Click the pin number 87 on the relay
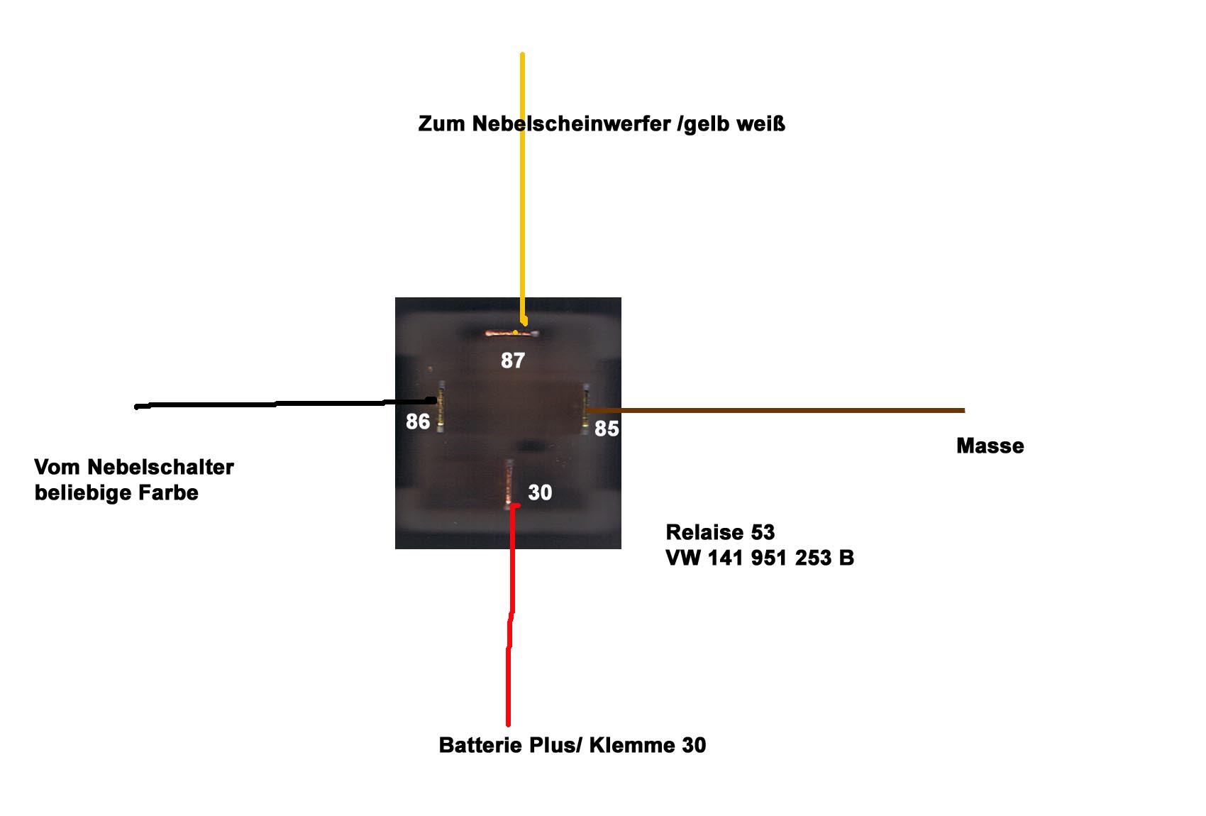tap(512, 360)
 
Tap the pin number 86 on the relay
tap(418, 421)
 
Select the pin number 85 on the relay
tap(607, 429)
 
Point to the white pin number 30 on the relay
tap(540, 492)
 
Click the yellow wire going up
tap(522, 189)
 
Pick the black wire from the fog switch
tap(285, 404)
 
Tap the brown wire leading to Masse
tap(775, 410)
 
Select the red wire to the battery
tap(510, 614)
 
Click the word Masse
tap(990, 446)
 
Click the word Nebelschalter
tap(160, 467)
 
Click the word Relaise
tap(704, 532)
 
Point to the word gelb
tap(706, 124)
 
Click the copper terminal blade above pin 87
tap(511, 334)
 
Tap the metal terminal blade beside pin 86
tap(441, 407)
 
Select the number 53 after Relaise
tap(763, 532)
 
